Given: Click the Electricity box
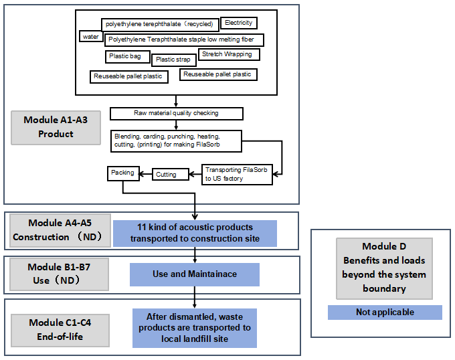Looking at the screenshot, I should tap(238, 23).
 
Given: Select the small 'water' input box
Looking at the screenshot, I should tap(90, 37).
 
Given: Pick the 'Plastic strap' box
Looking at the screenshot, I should tap(173, 60).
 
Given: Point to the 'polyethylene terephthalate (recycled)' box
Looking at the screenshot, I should tap(159, 24).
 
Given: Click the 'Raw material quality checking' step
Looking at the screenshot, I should tap(176, 113).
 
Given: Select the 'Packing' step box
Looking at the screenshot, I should tap(122, 173).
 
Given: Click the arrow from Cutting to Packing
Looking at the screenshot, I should tap(145, 174).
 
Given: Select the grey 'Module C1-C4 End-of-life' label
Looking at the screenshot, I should tap(60, 329).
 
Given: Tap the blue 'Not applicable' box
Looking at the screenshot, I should tap(385, 312).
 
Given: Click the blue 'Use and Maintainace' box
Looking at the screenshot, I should tap(194, 274).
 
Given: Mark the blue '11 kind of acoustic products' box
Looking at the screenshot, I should tap(194, 233).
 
